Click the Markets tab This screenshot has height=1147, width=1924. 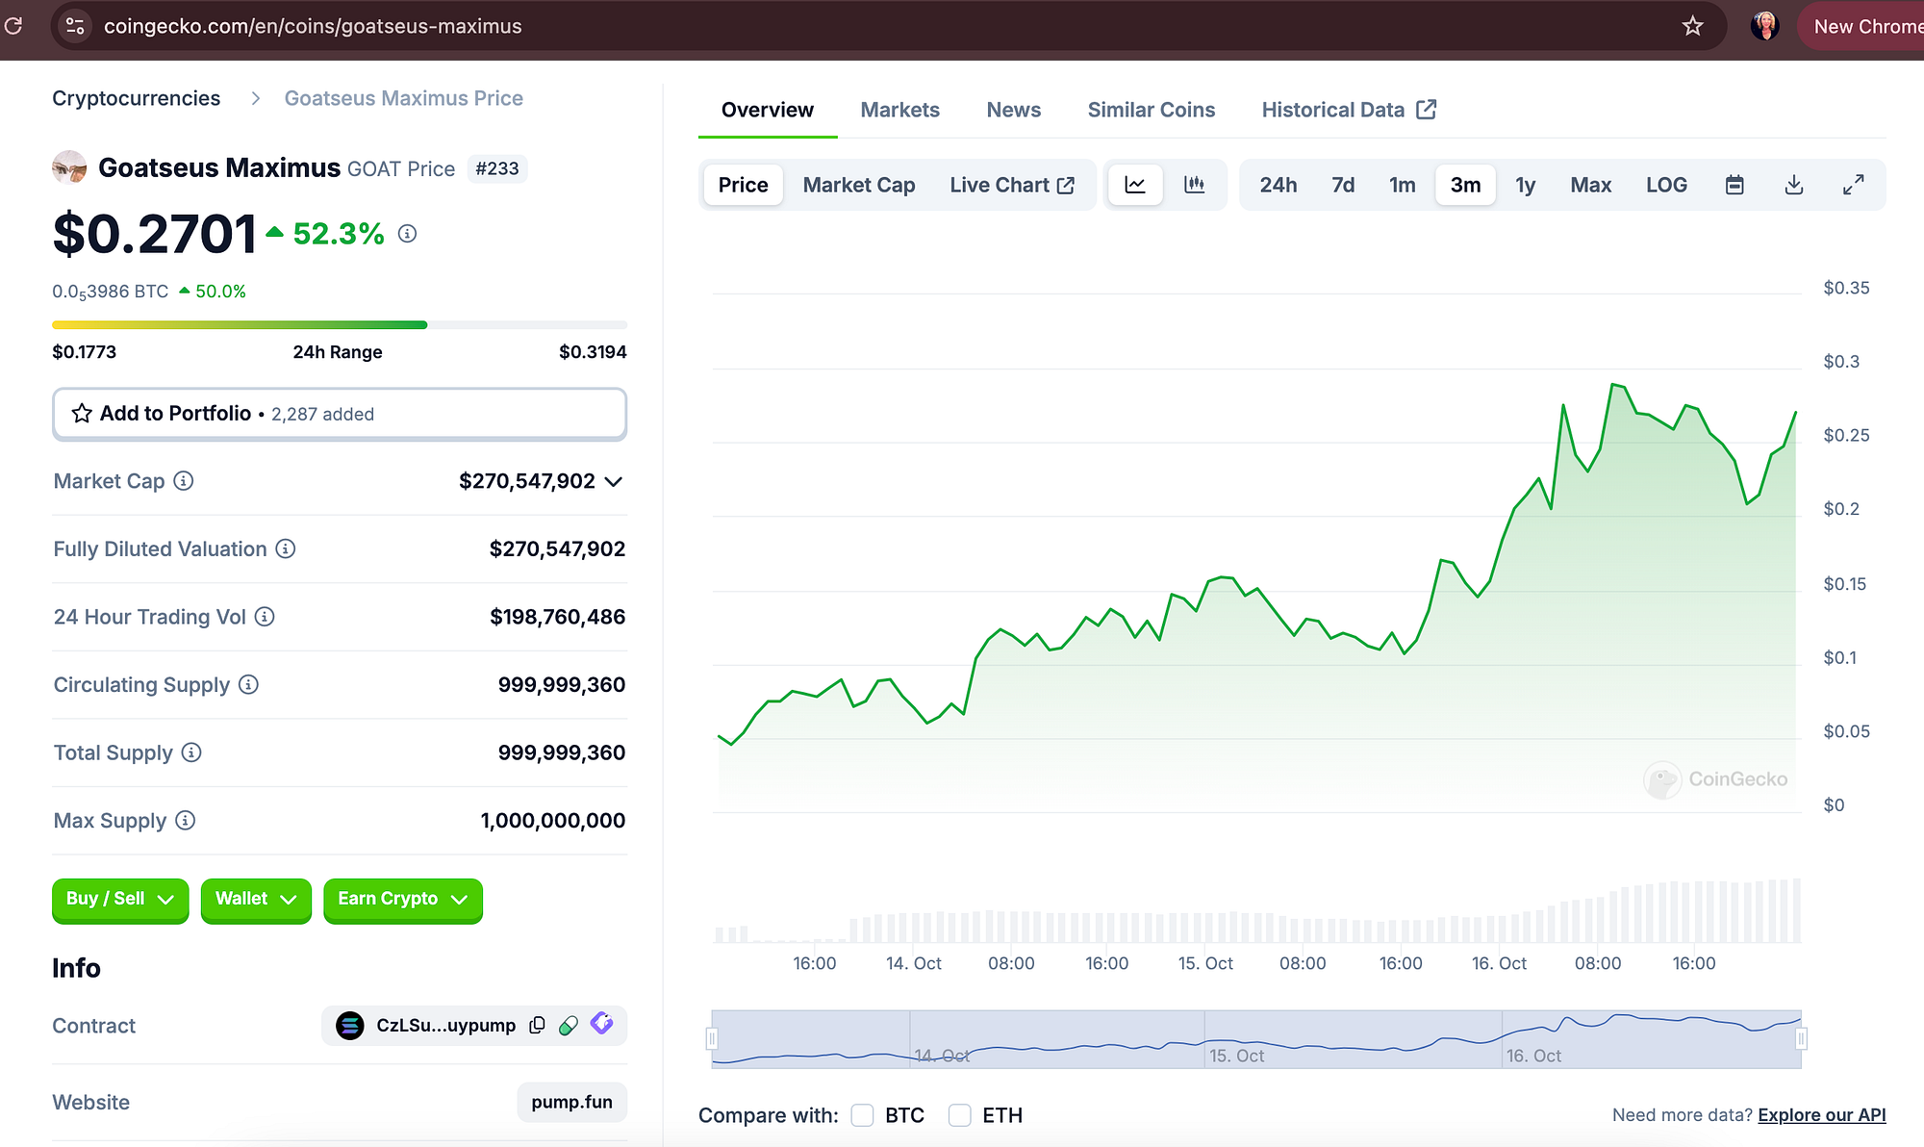(x=899, y=110)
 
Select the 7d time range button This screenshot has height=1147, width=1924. (x=1343, y=185)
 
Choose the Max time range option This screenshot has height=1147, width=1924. (x=1590, y=185)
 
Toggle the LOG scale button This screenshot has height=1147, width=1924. (x=1666, y=185)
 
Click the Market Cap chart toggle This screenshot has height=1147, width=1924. (x=859, y=185)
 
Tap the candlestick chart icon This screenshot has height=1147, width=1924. (x=1194, y=185)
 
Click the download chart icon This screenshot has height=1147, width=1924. (x=1793, y=185)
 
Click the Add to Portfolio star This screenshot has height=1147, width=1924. (x=82, y=414)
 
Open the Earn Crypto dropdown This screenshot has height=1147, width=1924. (x=403, y=900)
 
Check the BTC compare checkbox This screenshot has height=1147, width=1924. (x=862, y=1115)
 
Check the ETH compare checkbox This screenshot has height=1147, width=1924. (x=959, y=1115)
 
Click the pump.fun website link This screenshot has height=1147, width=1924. (x=571, y=1102)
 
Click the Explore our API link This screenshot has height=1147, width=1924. (x=1821, y=1115)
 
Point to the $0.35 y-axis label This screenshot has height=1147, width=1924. (x=1846, y=288)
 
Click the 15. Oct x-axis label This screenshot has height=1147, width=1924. (x=1205, y=963)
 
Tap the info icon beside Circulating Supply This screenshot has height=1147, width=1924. (x=248, y=684)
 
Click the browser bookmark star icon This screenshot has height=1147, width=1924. (x=1692, y=26)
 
